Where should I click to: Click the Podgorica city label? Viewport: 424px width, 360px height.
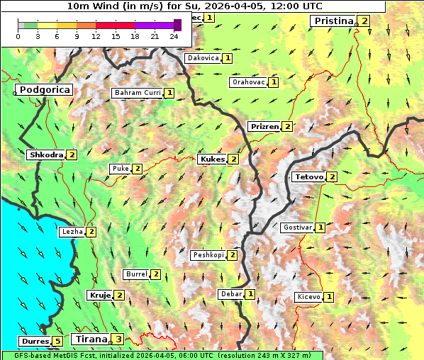tap(44, 90)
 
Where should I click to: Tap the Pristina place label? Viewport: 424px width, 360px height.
tap(333, 21)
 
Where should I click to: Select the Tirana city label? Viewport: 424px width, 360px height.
tap(91, 339)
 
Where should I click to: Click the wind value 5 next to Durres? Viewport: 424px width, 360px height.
tap(58, 342)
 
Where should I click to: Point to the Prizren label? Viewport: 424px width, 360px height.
tap(264, 127)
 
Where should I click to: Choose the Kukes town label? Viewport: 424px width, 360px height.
tap(212, 159)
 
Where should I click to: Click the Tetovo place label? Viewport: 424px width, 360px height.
tap(308, 176)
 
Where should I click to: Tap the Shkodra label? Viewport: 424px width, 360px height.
tap(45, 154)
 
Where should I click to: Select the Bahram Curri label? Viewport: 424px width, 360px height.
tap(137, 93)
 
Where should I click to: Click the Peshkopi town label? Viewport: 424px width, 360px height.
tap(208, 255)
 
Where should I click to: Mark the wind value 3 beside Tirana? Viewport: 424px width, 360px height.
tap(119, 339)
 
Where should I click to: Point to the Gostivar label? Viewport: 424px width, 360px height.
tap(297, 227)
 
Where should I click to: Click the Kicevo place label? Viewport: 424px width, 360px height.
tap(309, 297)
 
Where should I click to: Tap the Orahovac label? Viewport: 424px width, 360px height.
tap(248, 82)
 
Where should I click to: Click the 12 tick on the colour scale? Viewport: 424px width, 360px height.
tap(96, 36)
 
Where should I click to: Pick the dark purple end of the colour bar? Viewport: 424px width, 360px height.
tap(177, 25)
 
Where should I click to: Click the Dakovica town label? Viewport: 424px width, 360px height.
tap(202, 58)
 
